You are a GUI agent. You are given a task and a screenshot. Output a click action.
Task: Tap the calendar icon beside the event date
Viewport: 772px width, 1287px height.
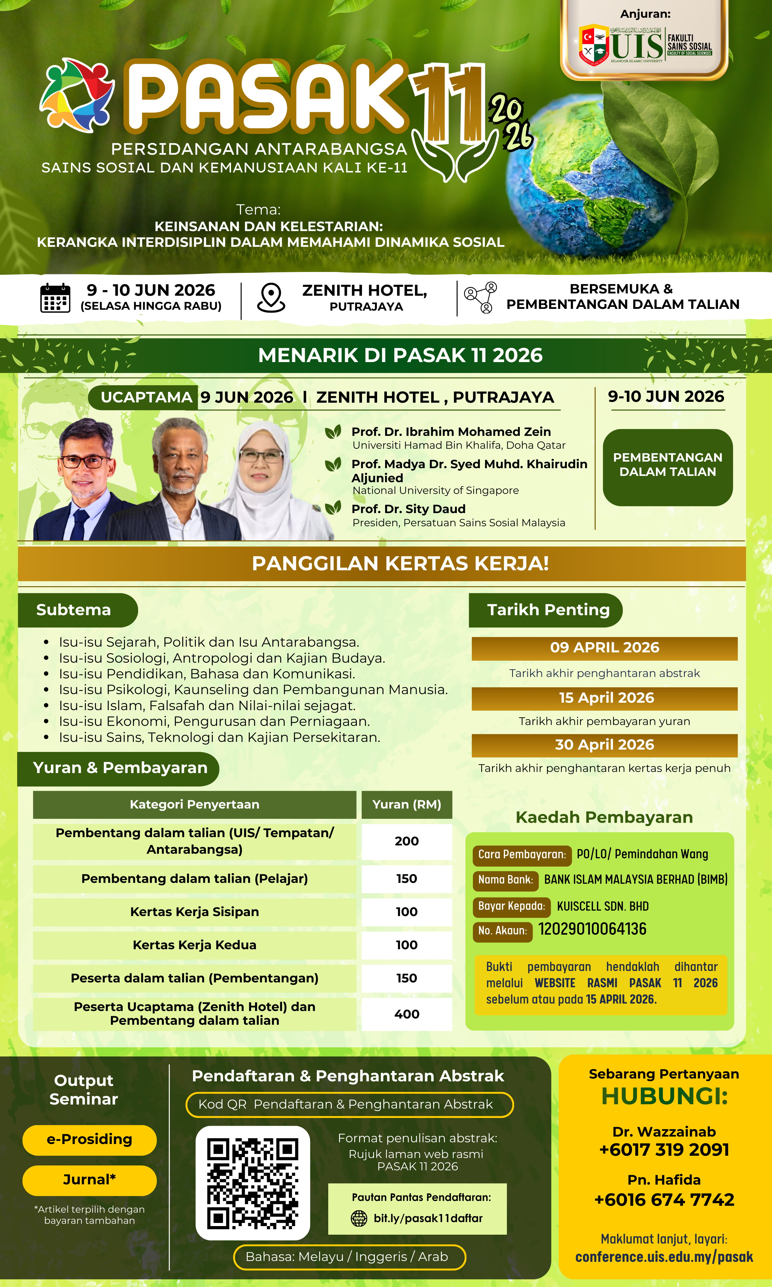55,298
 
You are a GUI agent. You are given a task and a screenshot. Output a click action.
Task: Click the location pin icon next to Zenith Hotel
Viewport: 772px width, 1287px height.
271,297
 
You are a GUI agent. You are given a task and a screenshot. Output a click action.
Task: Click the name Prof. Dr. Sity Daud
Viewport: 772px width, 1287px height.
408,509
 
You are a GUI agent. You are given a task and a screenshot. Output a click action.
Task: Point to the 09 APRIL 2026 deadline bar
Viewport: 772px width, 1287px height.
604,648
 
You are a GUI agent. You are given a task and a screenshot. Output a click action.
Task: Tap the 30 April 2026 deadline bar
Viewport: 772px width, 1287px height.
604,745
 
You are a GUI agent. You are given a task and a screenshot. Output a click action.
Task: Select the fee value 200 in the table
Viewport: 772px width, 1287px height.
407,841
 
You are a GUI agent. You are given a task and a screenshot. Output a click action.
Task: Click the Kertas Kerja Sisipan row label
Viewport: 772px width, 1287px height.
194,912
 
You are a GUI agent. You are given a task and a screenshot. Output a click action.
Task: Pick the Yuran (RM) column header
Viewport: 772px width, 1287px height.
407,804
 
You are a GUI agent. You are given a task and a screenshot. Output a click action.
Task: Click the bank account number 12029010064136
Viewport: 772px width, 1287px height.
592,929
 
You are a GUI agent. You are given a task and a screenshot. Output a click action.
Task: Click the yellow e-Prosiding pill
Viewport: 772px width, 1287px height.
89,1139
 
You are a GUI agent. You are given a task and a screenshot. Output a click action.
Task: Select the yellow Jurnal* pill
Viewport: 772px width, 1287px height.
89,1180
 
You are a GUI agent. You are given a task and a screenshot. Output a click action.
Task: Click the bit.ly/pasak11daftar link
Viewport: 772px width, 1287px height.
428,1218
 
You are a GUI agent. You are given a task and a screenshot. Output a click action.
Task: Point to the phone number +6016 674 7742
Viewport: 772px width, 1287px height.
664,1199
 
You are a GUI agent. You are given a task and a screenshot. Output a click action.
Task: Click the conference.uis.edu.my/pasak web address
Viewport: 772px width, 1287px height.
664,1257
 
